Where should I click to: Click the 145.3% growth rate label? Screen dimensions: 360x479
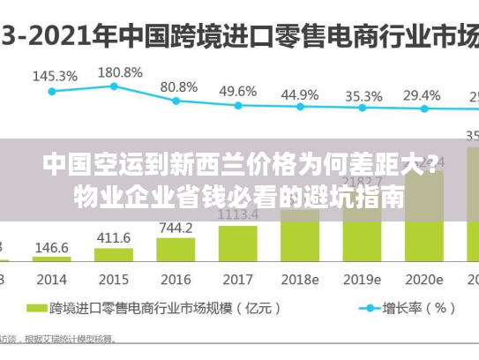click(55, 76)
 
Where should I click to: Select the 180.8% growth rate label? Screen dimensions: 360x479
click(119, 71)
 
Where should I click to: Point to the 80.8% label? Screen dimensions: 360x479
click(178, 87)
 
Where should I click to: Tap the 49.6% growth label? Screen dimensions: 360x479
click(237, 91)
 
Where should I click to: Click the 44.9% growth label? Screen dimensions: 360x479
click(300, 94)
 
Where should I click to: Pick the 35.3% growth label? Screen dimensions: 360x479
click(363, 95)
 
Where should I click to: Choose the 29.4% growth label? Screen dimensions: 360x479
click(422, 95)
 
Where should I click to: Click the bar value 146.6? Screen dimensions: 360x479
click(51, 248)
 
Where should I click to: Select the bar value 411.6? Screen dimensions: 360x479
click(114, 237)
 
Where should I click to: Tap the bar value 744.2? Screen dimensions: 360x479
click(176, 228)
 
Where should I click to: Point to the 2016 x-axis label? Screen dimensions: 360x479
click(176, 279)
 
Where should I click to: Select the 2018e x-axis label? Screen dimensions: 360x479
click(300, 279)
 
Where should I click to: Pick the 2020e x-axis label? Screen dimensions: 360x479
click(424, 279)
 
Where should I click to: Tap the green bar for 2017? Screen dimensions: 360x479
click(237, 244)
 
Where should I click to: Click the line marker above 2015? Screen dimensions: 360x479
click(114, 86)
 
